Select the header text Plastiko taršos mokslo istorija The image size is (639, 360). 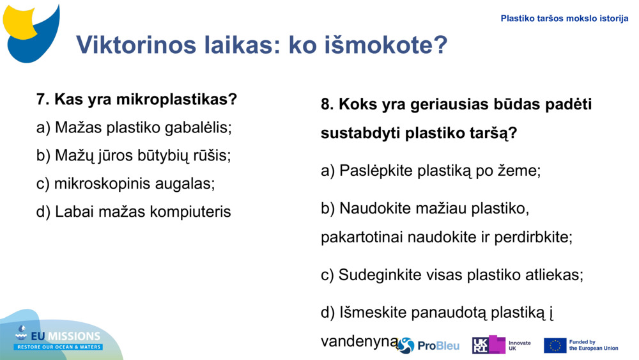[564, 19]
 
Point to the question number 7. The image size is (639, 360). [42, 100]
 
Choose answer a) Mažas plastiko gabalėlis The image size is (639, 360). [134, 128]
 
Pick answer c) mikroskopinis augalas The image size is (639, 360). [125, 184]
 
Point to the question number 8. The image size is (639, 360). [327, 104]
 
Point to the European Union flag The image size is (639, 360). [555, 345]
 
